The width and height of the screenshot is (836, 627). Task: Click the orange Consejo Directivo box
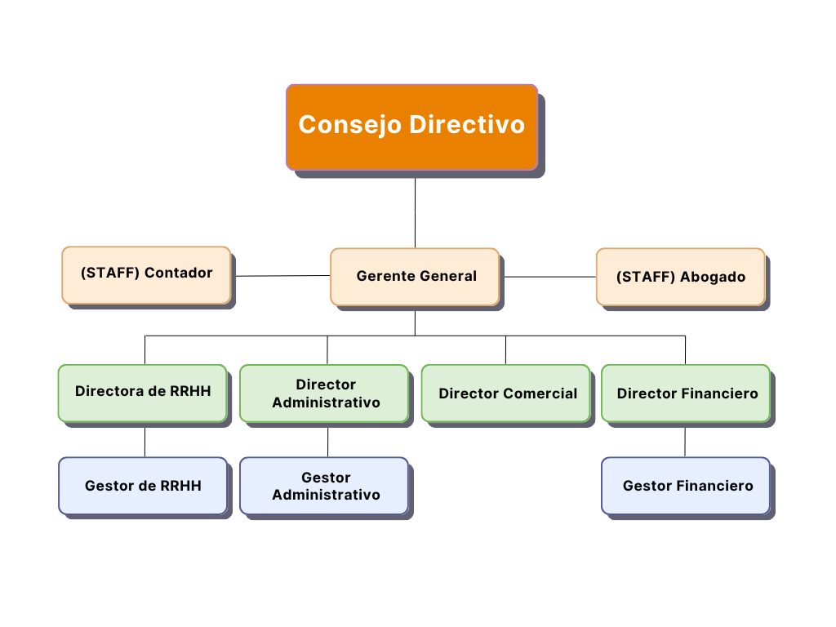pyautogui.click(x=411, y=127)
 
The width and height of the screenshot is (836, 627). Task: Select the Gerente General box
pyautogui.click(x=415, y=277)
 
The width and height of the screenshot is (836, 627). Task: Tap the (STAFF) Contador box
pyautogui.click(x=146, y=275)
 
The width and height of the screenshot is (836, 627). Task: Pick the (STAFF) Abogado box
pyautogui.click(x=680, y=277)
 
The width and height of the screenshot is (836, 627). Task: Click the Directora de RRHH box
pyautogui.click(x=143, y=394)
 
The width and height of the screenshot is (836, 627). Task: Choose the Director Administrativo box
pyautogui.click(x=324, y=394)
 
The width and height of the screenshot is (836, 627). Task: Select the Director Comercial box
pyautogui.click(x=506, y=394)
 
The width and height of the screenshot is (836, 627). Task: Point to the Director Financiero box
pyautogui.click(x=686, y=394)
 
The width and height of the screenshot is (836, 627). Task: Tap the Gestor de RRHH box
pyautogui.click(x=143, y=486)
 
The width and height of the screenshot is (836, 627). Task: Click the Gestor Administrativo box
pyautogui.click(x=324, y=486)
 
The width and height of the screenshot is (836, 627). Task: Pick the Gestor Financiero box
pyautogui.click(x=686, y=486)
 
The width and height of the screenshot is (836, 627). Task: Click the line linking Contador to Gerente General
pyautogui.click(x=283, y=276)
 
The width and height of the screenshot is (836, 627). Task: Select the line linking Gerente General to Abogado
pyautogui.click(x=550, y=277)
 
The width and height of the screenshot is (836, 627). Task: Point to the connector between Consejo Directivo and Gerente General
pyautogui.click(x=416, y=213)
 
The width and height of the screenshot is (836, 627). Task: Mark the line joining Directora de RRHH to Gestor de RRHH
pyautogui.click(x=145, y=442)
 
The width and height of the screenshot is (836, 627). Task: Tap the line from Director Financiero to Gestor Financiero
pyautogui.click(x=685, y=442)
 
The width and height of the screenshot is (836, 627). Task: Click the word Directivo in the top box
pyautogui.click(x=467, y=124)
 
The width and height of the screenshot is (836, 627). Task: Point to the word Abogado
pyautogui.click(x=713, y=278)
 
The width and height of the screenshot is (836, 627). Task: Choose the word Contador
pyautogui.click(x=179, y=273)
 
